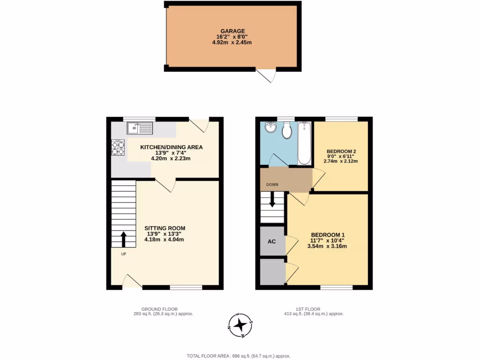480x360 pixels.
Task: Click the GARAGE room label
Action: (232, 31)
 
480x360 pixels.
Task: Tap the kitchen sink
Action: (140, 127)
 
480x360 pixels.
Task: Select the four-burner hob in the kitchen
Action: (118, 148)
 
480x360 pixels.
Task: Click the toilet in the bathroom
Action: (287, 131)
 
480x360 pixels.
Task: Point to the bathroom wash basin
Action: (271, 127)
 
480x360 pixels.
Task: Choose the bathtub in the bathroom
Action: (304, 142)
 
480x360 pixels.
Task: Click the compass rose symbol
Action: (240, 324)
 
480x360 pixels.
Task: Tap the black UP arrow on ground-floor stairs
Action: (124, 239)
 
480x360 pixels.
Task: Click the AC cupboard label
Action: (271, 241)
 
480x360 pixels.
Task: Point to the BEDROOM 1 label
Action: (329, 235)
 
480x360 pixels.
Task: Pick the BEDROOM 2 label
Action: (341, 151)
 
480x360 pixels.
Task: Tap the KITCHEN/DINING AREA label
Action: (172, 147)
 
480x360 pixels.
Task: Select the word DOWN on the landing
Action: (272, 185)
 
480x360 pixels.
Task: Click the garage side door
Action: (265, 75)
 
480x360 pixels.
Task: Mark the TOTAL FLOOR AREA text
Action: (240, 356)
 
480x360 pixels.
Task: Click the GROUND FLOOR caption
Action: (163, 309)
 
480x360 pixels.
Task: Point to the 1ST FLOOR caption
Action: (308, 309)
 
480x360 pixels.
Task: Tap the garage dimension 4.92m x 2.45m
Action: (232, 42)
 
